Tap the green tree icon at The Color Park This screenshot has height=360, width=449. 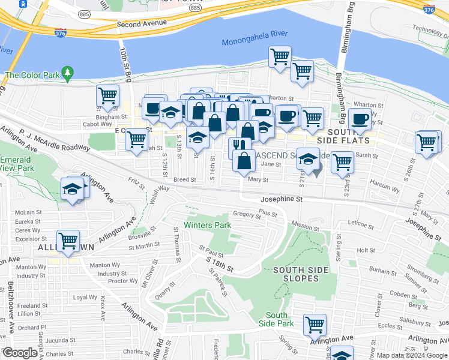[68, 73]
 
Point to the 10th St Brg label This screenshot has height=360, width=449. [127, 66]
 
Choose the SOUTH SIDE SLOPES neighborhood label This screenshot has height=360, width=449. [300, 274]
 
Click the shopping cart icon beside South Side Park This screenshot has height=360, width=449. [315, 325]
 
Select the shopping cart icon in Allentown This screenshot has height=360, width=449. [69, 241]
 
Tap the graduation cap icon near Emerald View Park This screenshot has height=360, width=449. [73, 189]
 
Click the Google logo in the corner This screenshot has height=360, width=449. [20, 352]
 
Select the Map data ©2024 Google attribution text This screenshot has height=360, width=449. [411, 355]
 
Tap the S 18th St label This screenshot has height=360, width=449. [220, 265]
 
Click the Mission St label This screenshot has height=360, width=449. [306, 227]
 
